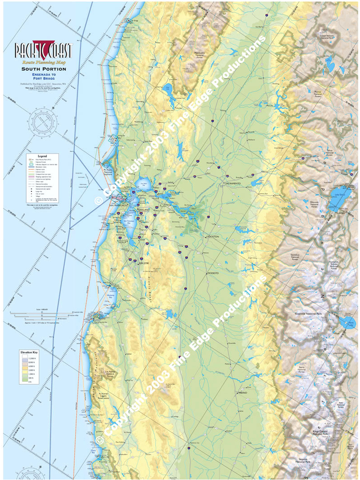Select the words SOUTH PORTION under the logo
[44, 69]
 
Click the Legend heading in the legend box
[43, 155]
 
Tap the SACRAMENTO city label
[232, 183]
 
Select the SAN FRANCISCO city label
[118, 206]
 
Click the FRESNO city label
[243, 393]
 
